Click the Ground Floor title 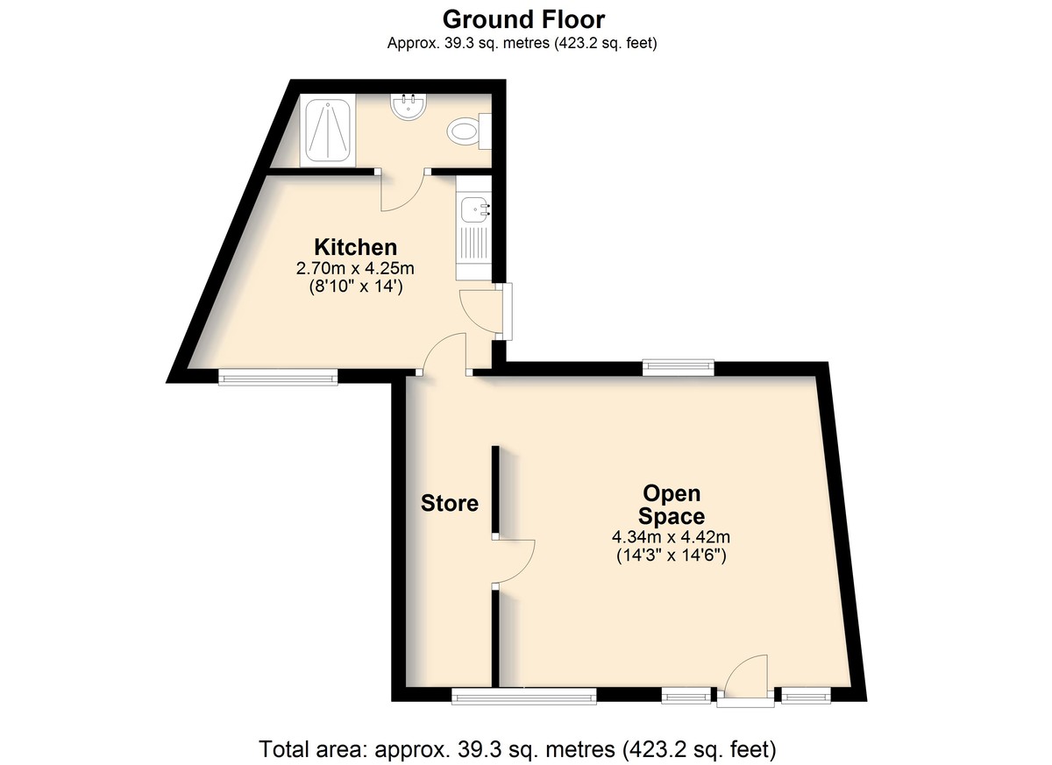pos(523,20)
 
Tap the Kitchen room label pos(356,247)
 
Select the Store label pos(450,503)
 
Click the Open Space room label pos(672,505)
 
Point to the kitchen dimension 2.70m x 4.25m pos(355,268)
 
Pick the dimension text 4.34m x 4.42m pos(671,536)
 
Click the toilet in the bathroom pos(469,131)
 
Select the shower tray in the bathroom pos(328,131)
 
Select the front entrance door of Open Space pos(745,677)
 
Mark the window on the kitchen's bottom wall pos(278,377)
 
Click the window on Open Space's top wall pos(679,367)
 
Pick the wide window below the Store pos(524,696)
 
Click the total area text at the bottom pos(517,749)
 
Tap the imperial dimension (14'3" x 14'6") pos(672,556)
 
